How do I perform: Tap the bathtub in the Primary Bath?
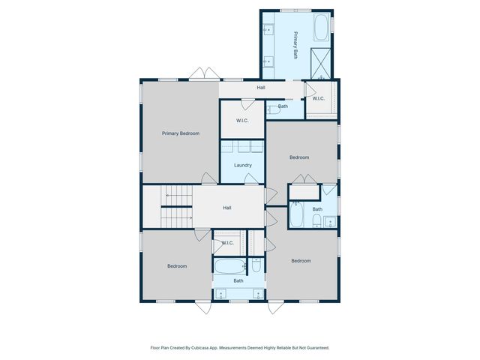click(320, 28)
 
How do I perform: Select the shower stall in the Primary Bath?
click(321, 63)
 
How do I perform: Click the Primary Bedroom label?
click(181, 133)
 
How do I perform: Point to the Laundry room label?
click(242, 165)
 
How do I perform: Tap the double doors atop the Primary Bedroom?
click(203, 74)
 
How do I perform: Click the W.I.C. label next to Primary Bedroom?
click(242, 121)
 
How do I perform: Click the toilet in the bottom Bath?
click(256, 265)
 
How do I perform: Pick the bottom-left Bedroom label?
click(177, 266)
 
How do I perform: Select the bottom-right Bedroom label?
click(301, 261)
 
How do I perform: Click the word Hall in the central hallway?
click(227, 208)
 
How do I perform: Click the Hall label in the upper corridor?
click(261, 88)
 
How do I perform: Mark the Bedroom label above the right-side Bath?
click(299, 157)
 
